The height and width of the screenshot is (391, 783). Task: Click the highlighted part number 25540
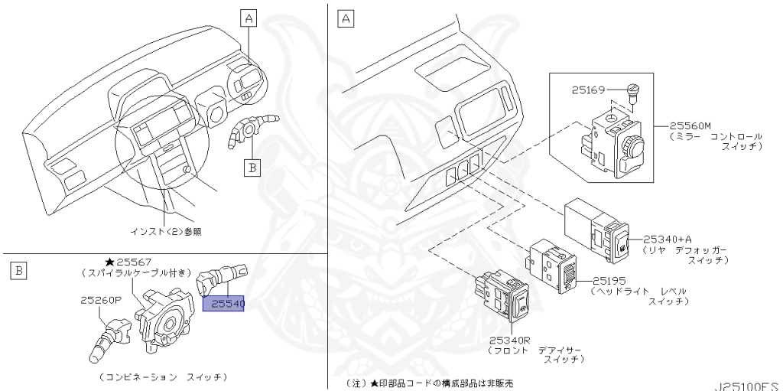point(223,304)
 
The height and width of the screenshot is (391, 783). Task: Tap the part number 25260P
point(101,301)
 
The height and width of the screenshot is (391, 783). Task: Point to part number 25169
point(587,90)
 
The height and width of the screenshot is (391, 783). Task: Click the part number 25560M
point(690,125)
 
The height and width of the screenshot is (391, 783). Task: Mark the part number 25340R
point(511,340)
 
